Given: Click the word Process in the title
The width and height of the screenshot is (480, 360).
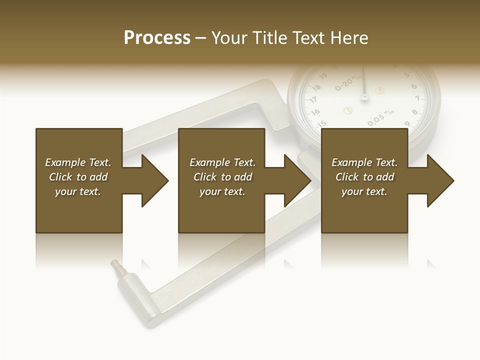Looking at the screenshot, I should click(x=157, y=38).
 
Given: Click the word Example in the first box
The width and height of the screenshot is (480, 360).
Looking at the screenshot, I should click(x=65, y=162).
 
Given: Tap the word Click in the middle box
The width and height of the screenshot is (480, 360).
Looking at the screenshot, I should click(x=205, y=177).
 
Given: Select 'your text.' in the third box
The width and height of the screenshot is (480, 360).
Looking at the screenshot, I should click(x=364, y=191).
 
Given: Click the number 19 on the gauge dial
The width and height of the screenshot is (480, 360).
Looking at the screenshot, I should click(x=322, y=76).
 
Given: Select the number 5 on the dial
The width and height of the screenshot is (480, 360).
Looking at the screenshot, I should click(x=406, y=75).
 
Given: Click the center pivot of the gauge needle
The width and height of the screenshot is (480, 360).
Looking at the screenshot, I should click(x=364, y=96).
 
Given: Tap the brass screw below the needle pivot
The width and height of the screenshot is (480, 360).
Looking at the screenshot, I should click(x=348, y=109).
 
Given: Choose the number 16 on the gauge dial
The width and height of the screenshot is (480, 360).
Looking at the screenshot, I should click(x=315, y=112).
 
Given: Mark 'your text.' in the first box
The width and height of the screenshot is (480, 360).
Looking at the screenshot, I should click(x=77, y=191).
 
